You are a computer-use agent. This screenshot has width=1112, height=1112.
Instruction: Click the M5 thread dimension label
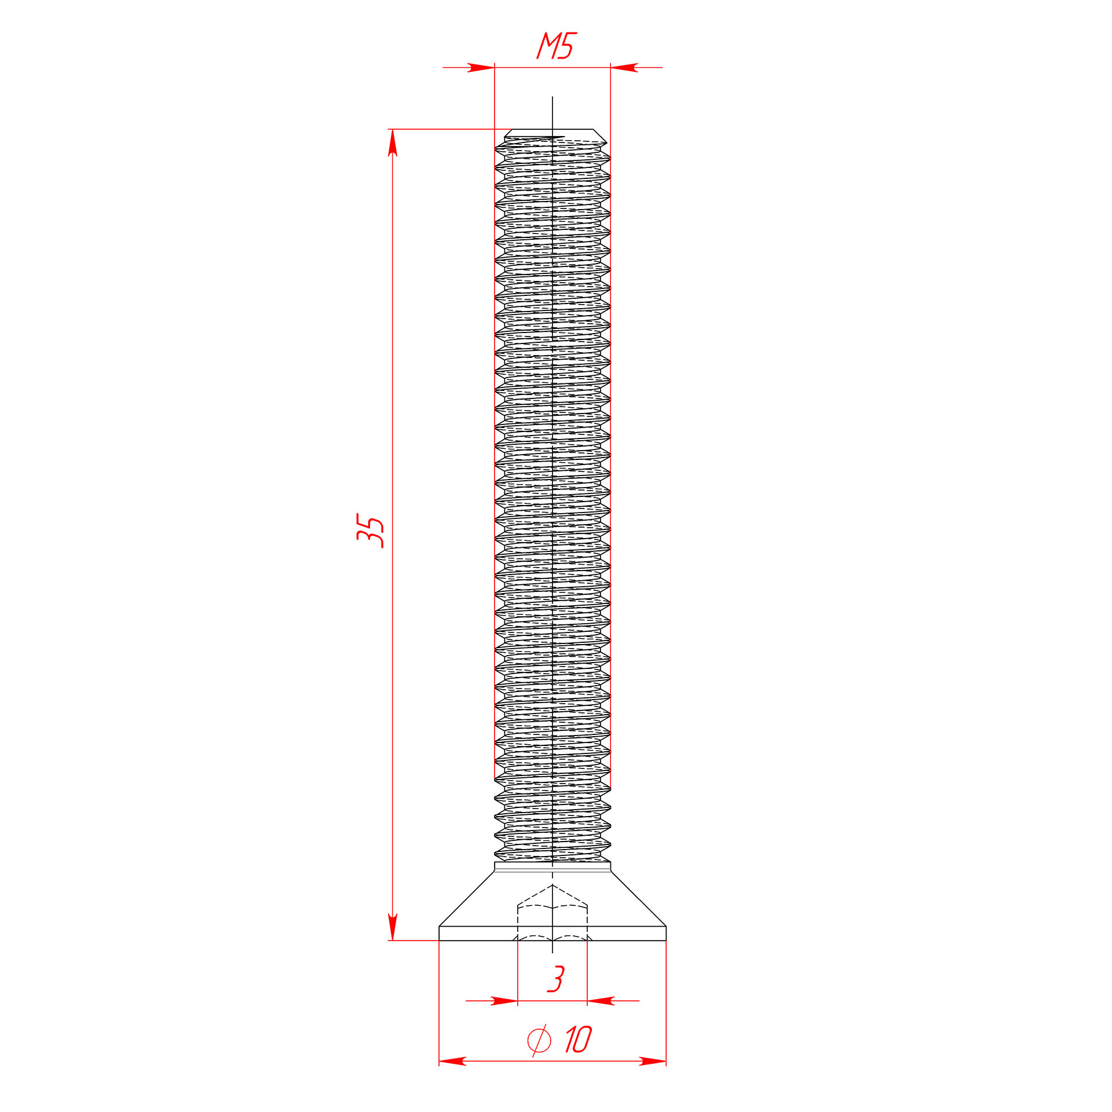tap(557, 46)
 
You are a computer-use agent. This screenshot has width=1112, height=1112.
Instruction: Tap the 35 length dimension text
tap(371, 530)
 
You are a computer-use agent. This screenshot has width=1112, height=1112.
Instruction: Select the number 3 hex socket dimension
tap(556, 979)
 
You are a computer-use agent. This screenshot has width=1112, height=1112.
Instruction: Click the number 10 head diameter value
tap(578, 1040)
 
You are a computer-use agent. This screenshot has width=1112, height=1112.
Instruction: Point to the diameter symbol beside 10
tap(539, 1040)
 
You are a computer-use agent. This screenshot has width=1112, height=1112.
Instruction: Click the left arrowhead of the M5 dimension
tap(481, 68)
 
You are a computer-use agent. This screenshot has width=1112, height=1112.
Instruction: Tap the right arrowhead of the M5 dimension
tap(624, 68)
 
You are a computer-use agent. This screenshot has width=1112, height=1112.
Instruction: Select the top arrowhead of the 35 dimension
tap(393, 142)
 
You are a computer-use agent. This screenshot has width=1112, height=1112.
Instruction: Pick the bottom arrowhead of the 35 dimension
tap(393, 927)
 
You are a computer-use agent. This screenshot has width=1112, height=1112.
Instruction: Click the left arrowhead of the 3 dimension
tap(504, 1001)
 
